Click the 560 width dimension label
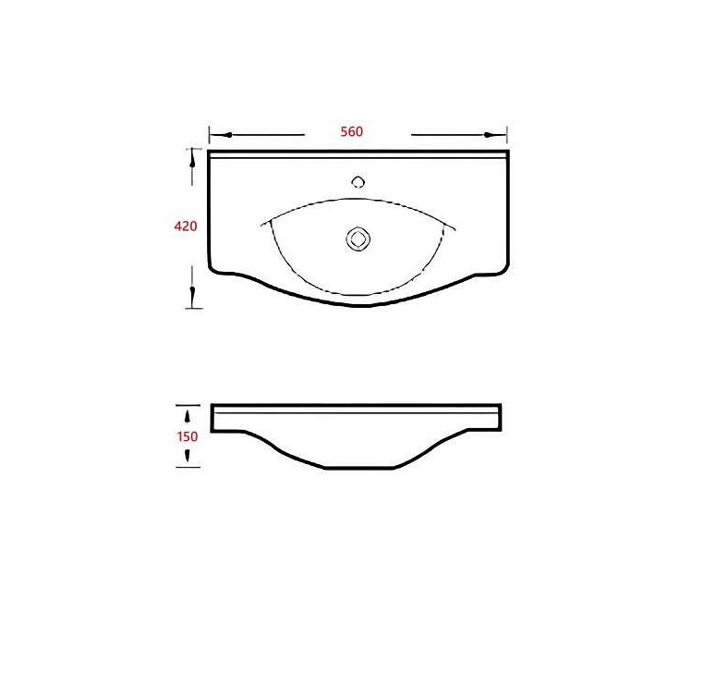pyautogui.click(x=352, y=131)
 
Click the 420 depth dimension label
pyautogui.click(x=186, y=226)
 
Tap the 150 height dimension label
pyautogui.click(x=188, y=436)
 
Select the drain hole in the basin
pyautogui.click(x=358, y=239)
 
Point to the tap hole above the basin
pyautogui.click(x=358, y=182)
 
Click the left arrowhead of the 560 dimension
pyautogui.click(x=227, y=135)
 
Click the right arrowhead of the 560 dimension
pyautogui.click(x=489, y=135)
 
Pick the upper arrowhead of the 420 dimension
pyautogui.click(x=192, y=160)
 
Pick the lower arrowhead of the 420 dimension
pyautogui.click(x=192, y=291)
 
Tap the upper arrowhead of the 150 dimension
pyautogui.click(x=188, y=417)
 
